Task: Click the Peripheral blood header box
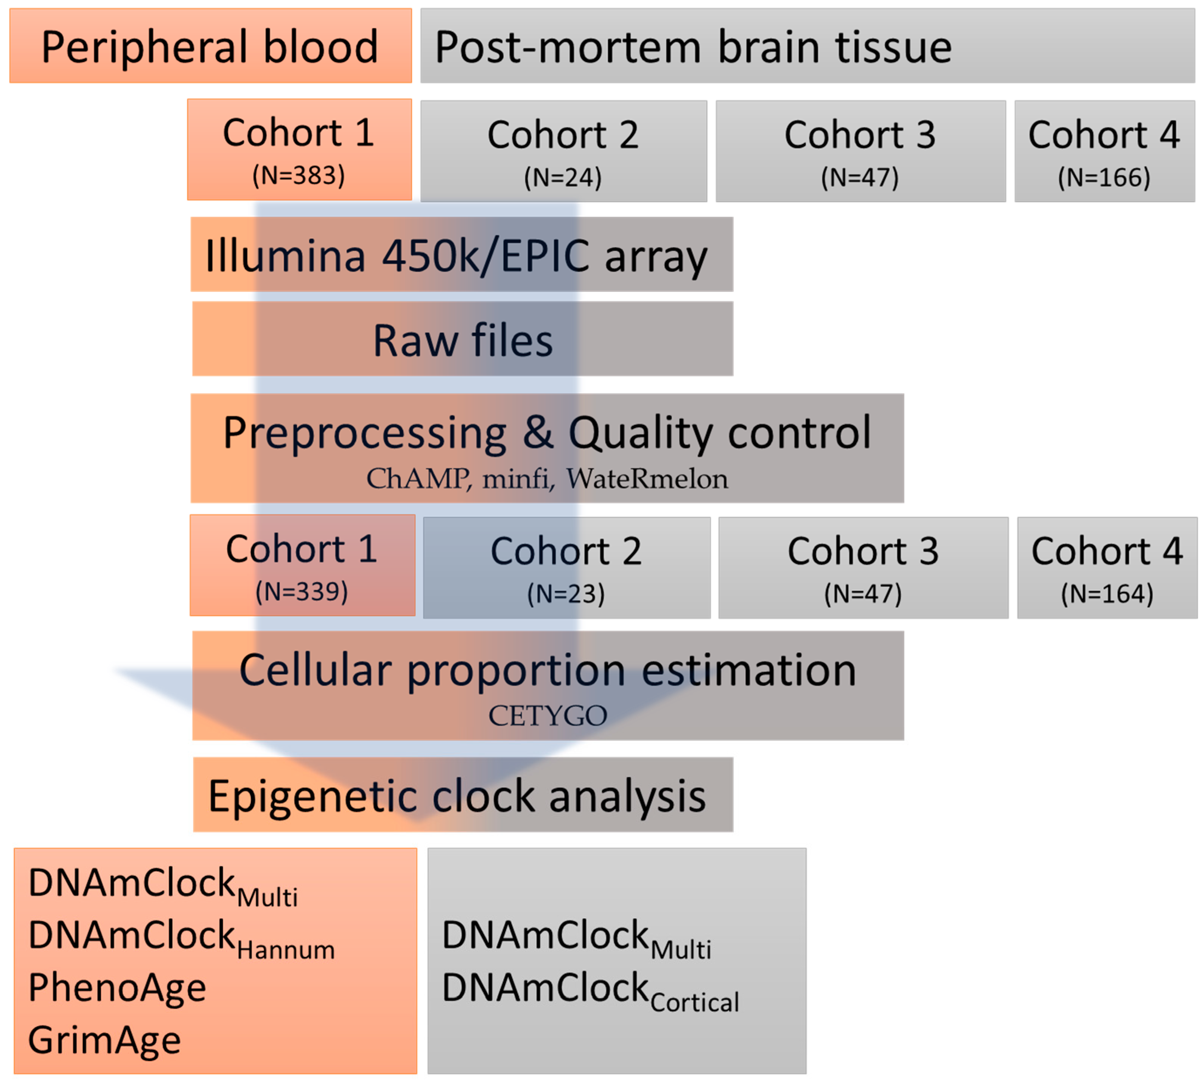pos(210,46)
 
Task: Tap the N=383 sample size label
pos(299,175)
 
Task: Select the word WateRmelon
pos(647,479)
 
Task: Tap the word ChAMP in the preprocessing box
pos(418,479)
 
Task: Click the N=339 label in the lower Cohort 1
pos(302,592)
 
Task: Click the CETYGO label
pos(548,715)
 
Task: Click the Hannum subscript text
pos(285,950)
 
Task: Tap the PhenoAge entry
pos(117,988)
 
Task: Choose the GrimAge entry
pos(104,1040)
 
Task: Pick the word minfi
pos(515,479)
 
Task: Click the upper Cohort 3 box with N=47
pos(860,150)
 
